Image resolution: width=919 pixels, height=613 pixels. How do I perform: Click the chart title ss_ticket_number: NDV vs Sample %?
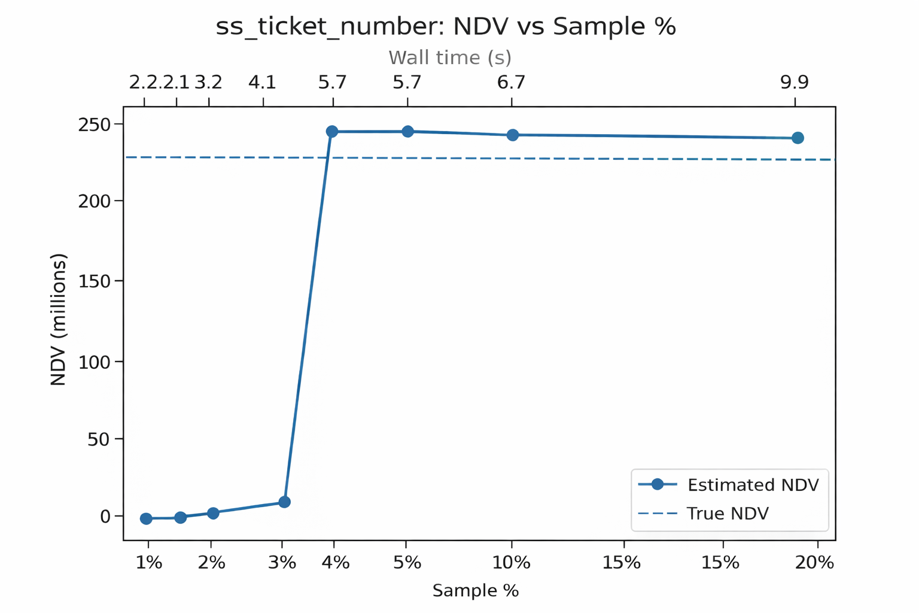pos(445,27)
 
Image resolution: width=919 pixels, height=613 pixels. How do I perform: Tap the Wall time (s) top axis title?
pos(450,57)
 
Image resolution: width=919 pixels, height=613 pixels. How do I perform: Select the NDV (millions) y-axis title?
pos(58,320)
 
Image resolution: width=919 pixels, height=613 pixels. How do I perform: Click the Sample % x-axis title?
pos(475,591)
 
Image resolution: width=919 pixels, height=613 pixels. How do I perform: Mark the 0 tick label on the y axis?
pos(105,516)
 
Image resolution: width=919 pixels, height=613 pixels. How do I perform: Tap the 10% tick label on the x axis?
pos(512,563)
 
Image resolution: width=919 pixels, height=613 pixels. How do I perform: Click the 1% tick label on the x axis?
pos(148,563)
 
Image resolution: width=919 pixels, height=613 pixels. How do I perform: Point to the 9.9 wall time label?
pos(795,82)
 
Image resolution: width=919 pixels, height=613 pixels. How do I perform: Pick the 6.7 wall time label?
pos(511,82)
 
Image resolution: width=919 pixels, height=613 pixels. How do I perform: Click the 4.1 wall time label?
pos(263,82)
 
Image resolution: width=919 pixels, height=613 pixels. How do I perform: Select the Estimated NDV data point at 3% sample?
pos(284,502)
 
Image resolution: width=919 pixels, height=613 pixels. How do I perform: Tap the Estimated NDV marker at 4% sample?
pos(332,131)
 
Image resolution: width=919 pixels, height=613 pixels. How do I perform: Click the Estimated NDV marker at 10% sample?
pos(513,135)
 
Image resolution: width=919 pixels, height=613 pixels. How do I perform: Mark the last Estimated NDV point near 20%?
pos(798,138)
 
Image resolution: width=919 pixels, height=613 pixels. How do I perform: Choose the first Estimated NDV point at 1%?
pos(146,518)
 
